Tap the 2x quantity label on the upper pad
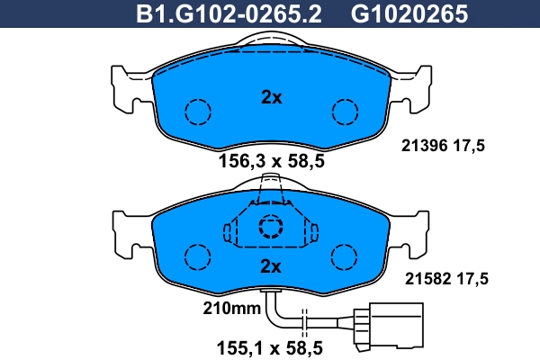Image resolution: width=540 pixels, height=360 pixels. coord(271,98)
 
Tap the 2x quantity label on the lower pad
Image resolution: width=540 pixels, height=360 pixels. coord(271,265)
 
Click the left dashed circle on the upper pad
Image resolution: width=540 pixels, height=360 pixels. coord(197,112)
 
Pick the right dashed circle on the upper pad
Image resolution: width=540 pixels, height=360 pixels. coord(345,112)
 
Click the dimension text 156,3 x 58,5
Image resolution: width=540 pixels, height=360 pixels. coord(271,162)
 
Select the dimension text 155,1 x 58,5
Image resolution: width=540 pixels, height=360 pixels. coord(271,345)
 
